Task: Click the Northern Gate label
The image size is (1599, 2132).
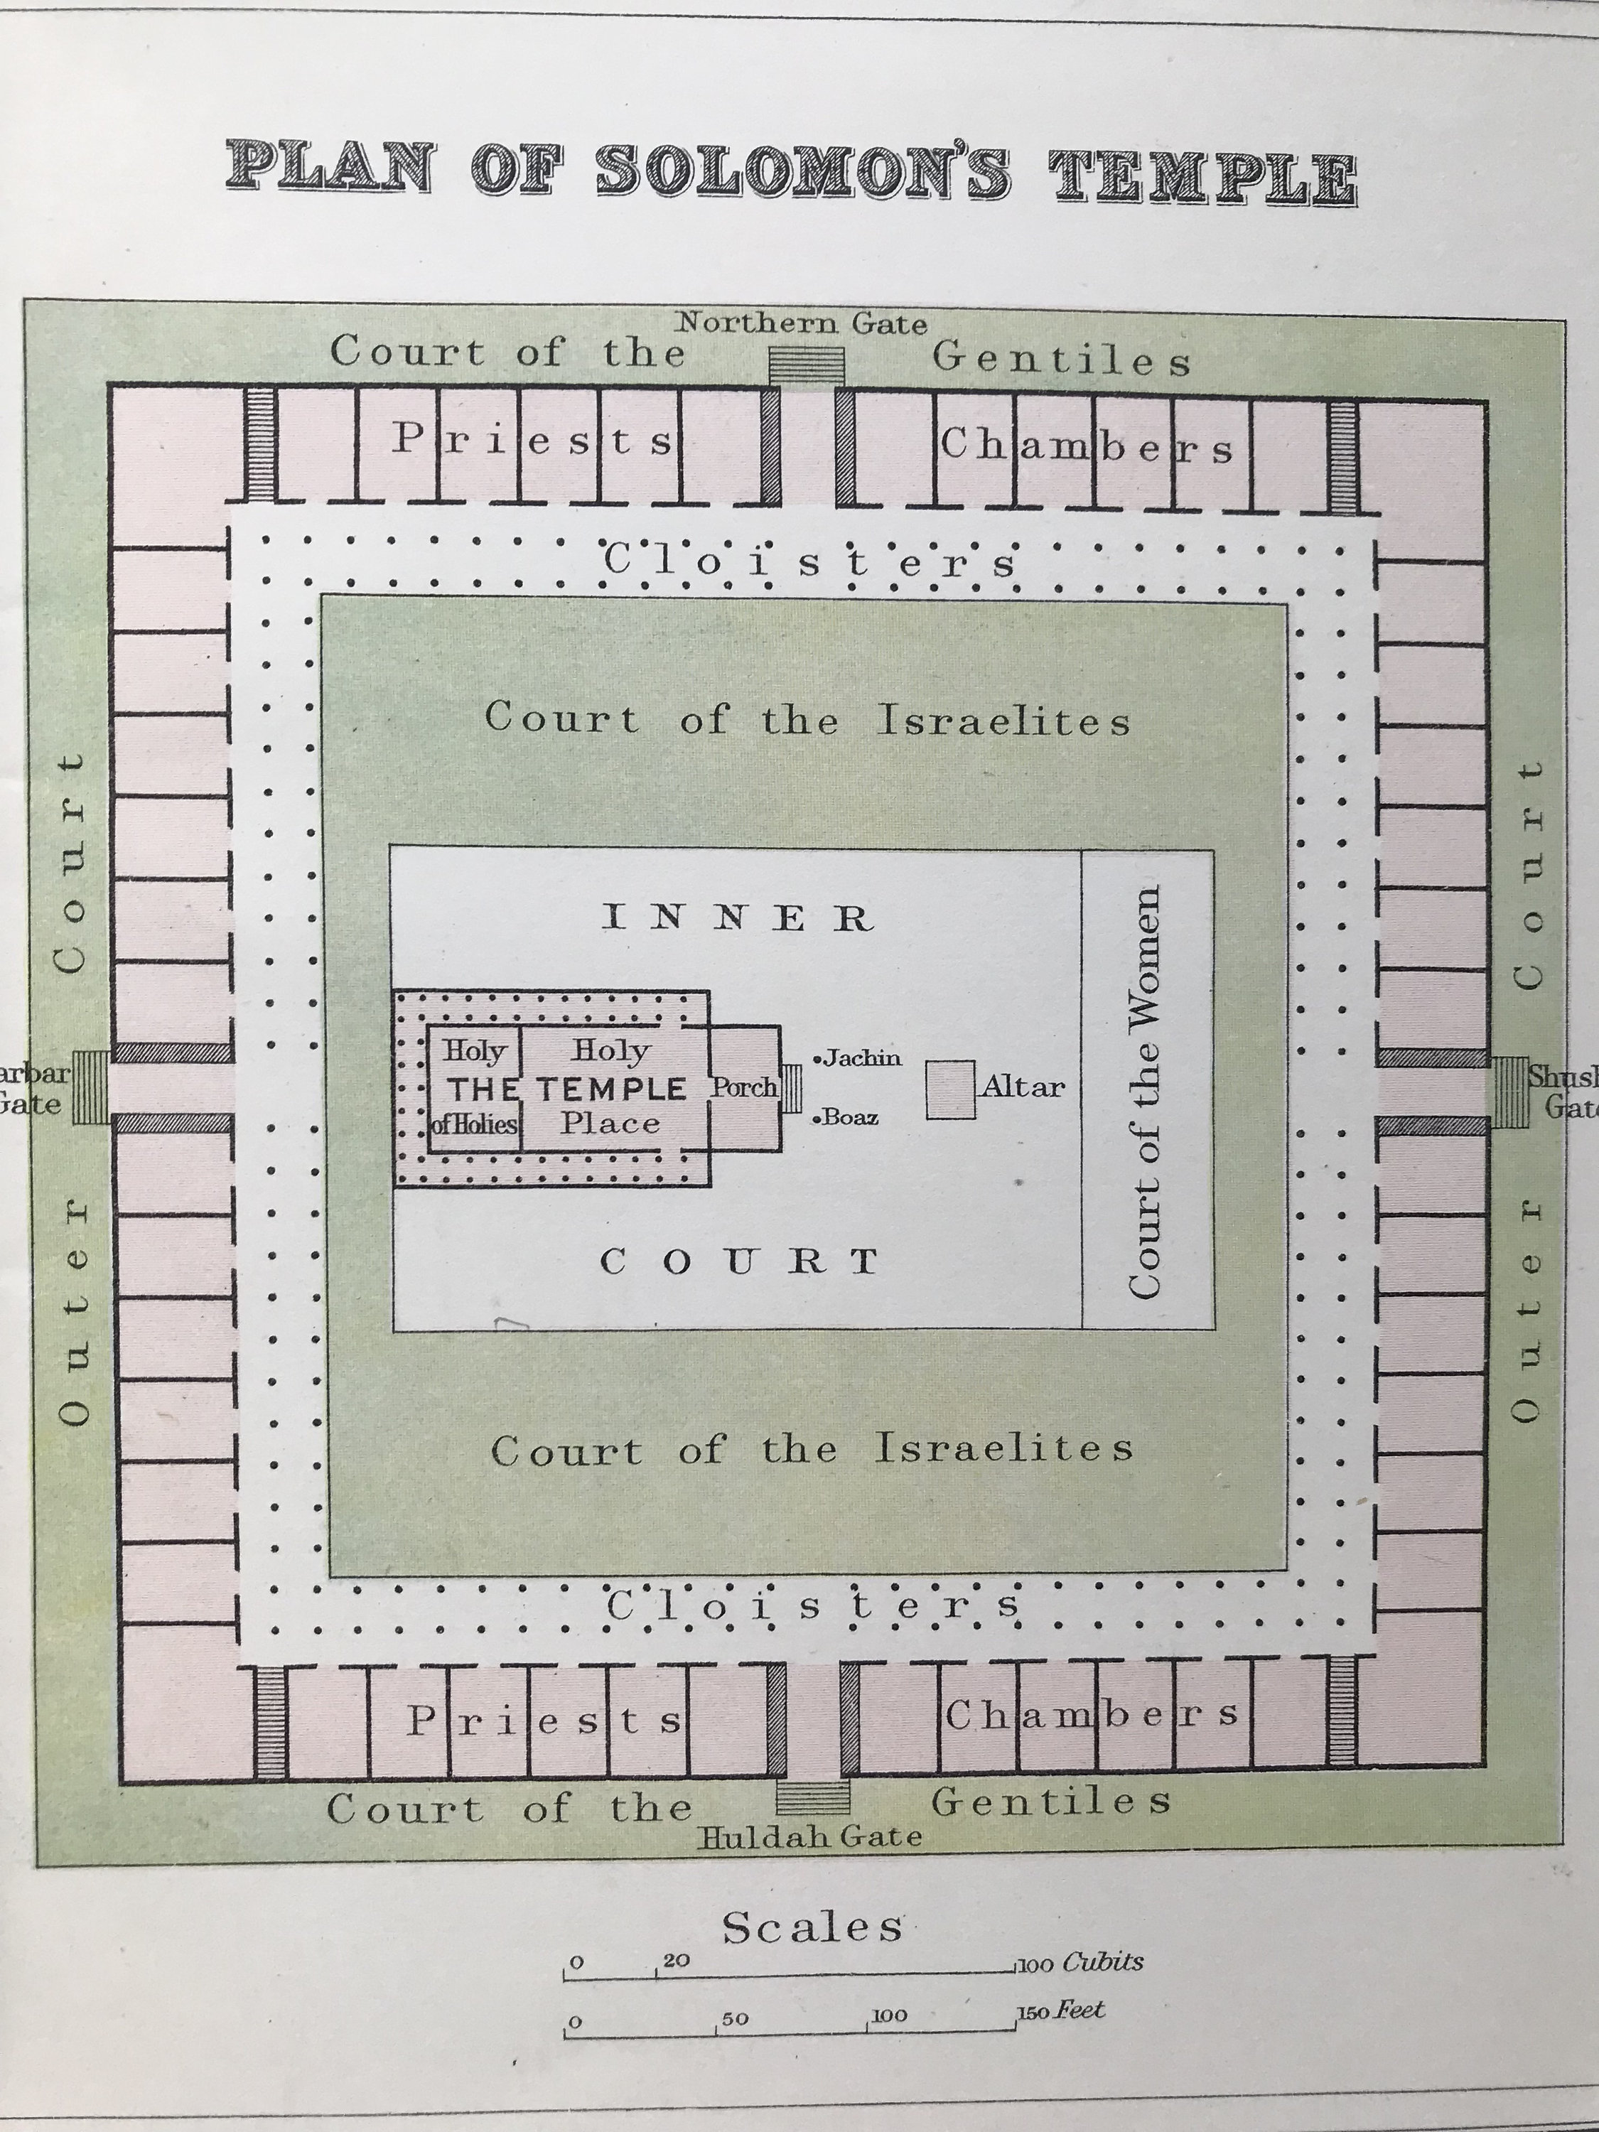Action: point(801,324)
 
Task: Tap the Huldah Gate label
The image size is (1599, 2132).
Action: point(809,1836)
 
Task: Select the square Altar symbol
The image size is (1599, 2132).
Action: point(950,1089)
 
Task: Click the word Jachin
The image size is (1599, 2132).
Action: point(861,1058)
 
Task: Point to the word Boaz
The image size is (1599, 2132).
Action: point(849,1118)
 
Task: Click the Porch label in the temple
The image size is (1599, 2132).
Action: point(744,1087)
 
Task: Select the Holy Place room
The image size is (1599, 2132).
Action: point(611,1087)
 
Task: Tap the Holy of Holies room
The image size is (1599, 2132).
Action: point(474,1087)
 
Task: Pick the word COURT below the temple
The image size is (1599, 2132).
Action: point(739,1261)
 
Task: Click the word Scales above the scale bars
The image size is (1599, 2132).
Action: point(812,1927)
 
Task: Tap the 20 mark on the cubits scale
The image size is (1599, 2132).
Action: point(676,1959)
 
